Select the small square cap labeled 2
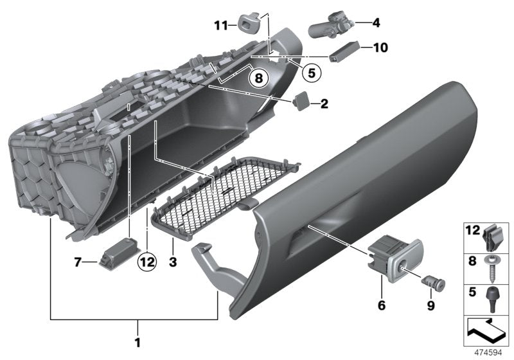coord(300,101)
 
